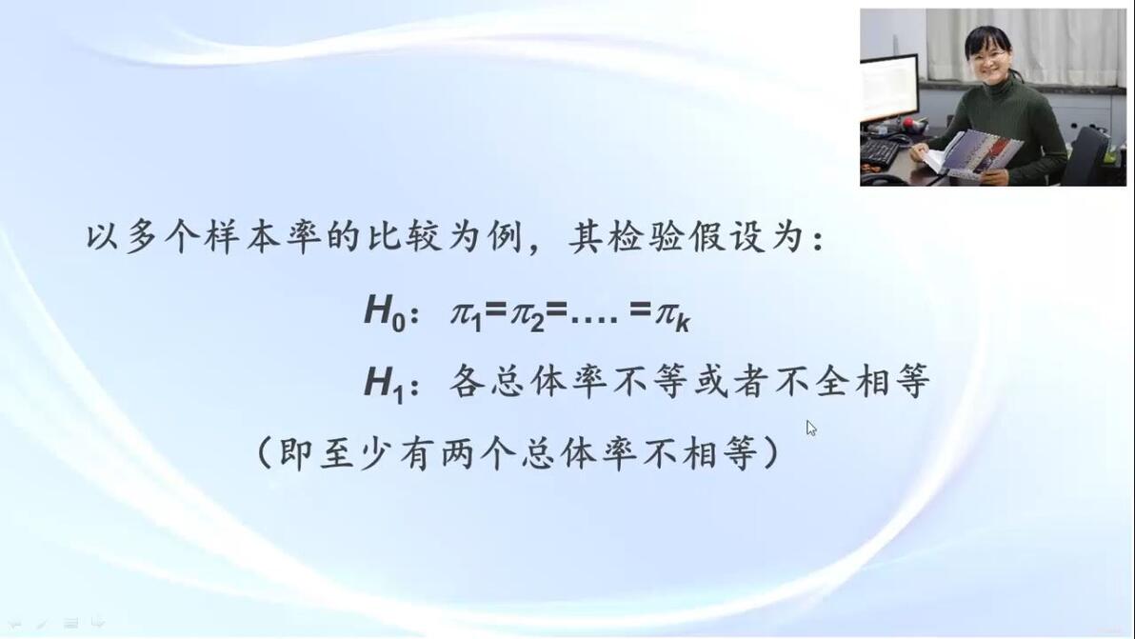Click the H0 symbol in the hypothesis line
(385, 313)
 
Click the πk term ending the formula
(672, 316)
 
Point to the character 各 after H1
(468, 381)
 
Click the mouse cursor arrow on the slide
(810, 428)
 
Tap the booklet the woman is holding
(974, 154)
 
